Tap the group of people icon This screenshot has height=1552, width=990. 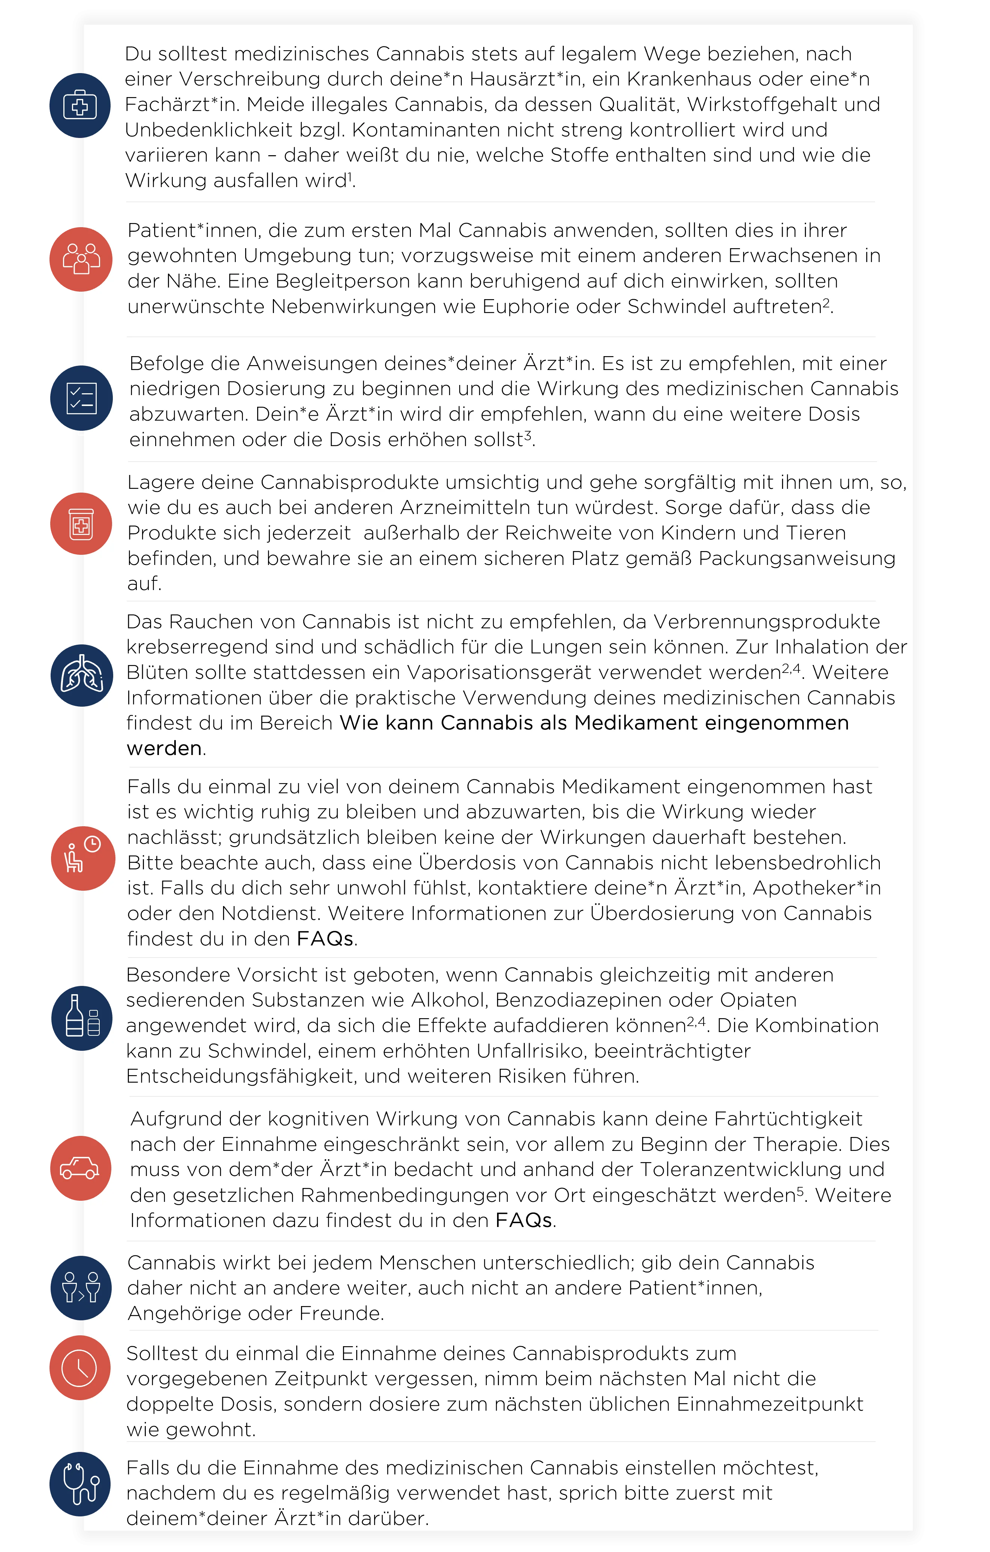pyautogui.click(x=81, y=259)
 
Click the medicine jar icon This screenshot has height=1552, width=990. pyautogui.click(x=81, y=523)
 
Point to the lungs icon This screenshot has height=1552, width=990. pyautogui.click(x=82, y=676)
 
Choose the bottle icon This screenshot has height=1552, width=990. pyautogui.click(x=82, y=1018)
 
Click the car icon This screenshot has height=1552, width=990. pyautogui.click(x=80, y=1168)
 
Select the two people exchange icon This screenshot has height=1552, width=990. pyautogui.click(x=81, y=1288)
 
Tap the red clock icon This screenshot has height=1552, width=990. pyautogui.click(x=80, y=1368)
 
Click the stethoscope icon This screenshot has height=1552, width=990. pyautogui.click(x=81, y=1484)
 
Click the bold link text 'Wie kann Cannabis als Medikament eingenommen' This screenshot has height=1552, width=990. pyautogui.click(x=594, y=723)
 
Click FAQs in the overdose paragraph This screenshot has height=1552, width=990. pyautogui.click(x=325, y=939)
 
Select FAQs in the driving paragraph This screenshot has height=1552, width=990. pyautogui.click(x=523, y=1221)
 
